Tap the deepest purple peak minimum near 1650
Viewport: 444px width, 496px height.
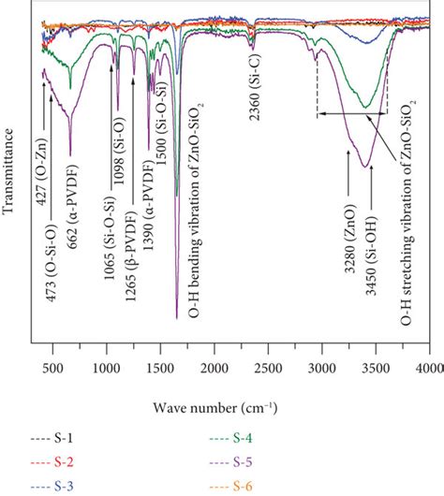click(x=177, y=318)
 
